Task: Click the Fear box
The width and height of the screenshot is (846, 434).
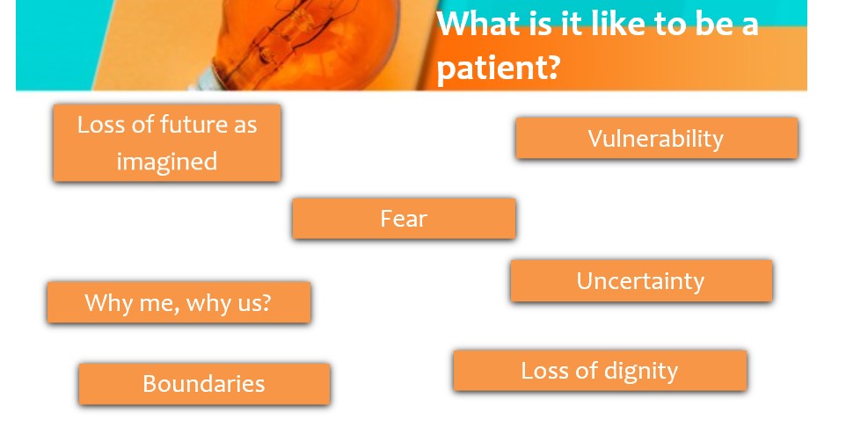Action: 404,219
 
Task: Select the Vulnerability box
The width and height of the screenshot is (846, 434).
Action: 657,138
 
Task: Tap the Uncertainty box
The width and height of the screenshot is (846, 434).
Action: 641,281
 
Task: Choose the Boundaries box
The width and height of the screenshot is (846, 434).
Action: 205,384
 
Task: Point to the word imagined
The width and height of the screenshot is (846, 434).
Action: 167,162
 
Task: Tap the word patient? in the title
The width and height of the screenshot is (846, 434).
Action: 497,68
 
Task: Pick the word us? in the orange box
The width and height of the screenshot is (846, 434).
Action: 253,303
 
